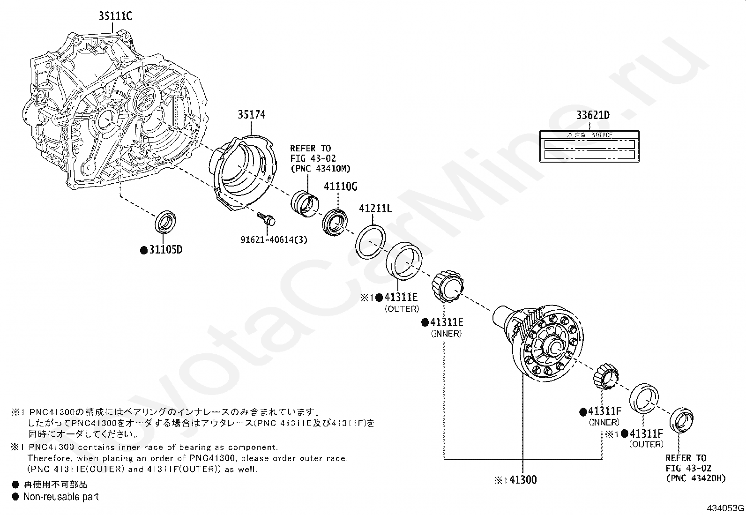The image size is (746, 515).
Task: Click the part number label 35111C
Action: tap(115, 16)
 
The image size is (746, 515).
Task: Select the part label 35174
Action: tap(251, 115)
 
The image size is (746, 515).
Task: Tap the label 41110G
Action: tap(340, 187)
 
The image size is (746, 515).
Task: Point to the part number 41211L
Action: tap(375, 209)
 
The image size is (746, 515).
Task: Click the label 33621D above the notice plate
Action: tap(592, 115)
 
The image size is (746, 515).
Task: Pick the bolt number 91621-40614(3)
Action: tap(274, 240)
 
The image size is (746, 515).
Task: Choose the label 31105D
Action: tap(165, 250)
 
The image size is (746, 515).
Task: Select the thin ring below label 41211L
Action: tap(371, 240)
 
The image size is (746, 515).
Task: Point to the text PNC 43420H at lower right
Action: tap(696, 478)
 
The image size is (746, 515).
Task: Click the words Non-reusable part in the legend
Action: tap(61, 497)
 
